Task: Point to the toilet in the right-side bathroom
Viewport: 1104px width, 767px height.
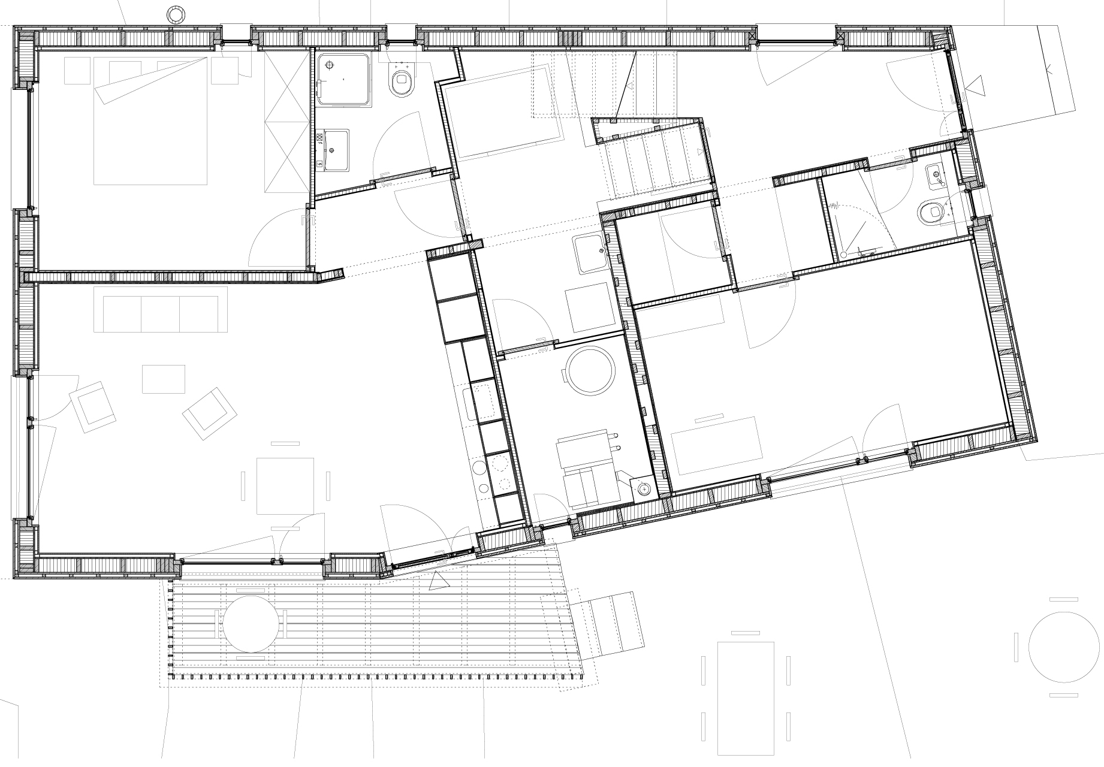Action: click(930, 212)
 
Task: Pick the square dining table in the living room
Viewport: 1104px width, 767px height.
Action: click(285, 485)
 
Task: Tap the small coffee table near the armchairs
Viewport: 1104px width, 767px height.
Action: click(164, 379)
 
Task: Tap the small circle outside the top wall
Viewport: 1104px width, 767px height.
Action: click(176, 13)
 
